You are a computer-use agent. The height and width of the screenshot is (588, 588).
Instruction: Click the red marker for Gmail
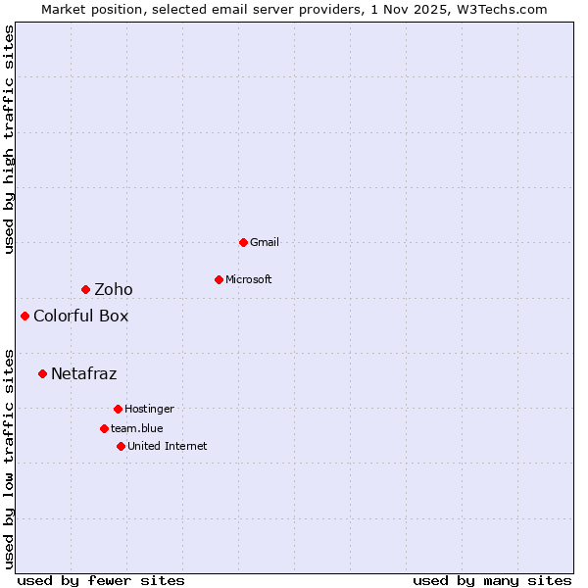243,242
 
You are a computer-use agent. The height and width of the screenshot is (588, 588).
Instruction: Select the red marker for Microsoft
219,279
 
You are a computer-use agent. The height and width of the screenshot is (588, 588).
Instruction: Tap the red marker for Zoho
85,289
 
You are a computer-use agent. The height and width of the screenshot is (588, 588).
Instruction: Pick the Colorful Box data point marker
24,316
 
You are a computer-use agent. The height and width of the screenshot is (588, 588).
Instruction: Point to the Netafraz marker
42,373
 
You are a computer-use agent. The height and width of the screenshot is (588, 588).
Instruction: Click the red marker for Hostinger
118,409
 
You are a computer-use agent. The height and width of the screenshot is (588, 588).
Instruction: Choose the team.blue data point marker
104,428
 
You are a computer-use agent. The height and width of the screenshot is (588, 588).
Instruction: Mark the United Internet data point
121,446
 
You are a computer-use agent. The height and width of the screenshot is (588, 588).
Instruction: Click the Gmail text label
265,242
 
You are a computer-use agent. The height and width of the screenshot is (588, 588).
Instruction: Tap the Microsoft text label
249,279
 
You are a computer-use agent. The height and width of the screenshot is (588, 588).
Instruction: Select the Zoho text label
114,289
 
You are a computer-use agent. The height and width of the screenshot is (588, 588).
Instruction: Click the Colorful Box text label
80,316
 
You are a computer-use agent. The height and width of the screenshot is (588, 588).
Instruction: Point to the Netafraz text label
84,373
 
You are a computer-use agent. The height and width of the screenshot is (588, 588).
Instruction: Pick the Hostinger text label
149,409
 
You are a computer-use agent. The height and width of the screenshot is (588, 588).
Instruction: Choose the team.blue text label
137,428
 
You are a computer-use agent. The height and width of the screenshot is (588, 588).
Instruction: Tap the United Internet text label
168,446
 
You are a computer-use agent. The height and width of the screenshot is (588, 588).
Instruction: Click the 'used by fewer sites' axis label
101,580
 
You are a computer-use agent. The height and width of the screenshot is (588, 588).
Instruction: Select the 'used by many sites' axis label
492,580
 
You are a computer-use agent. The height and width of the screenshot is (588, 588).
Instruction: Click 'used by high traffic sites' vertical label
9,140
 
